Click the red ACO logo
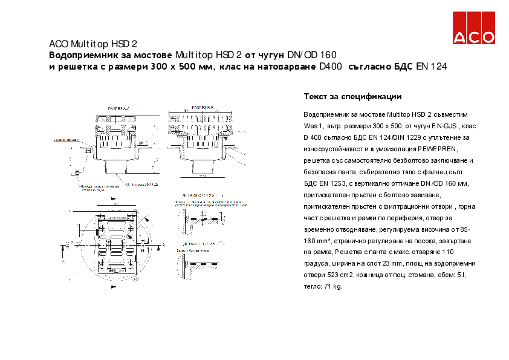point(475,28)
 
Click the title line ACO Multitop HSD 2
point(93,44)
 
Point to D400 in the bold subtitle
point(331,67)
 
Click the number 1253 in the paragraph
point(337,183)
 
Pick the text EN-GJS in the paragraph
point(444,125)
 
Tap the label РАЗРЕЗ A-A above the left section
point(118,107)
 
